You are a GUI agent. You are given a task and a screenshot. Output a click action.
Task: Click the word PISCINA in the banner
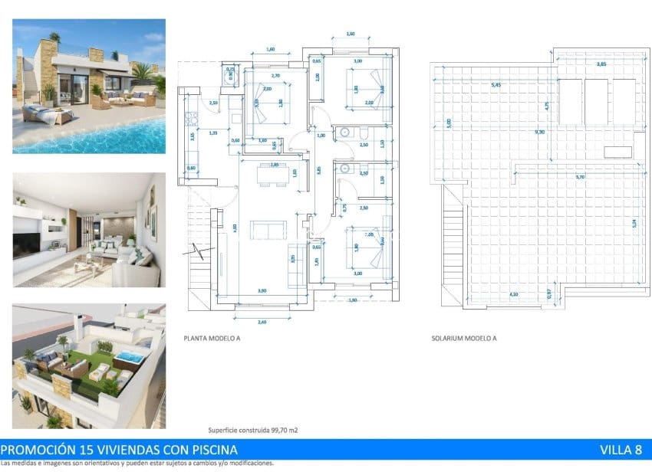209,450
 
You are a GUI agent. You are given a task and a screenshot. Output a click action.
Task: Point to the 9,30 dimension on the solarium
540,131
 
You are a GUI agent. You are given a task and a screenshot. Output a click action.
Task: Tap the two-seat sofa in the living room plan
270,229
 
